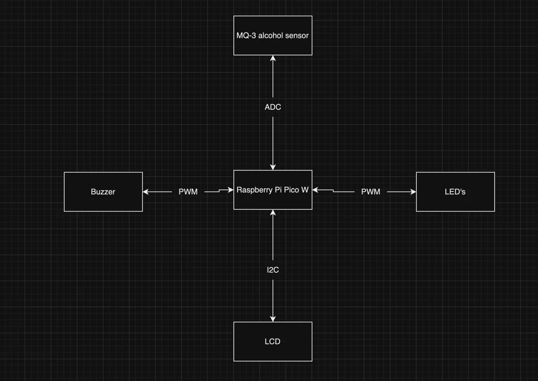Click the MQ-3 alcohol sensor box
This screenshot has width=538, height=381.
click(273, 35)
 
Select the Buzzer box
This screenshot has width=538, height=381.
click(103, 192)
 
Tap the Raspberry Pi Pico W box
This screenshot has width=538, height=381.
click(273, 189)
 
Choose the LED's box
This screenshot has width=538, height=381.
click(455, 192)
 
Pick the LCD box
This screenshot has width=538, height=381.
click(273, 341)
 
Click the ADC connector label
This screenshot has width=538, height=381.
click(273, 107)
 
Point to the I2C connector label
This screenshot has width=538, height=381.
click(273, 270)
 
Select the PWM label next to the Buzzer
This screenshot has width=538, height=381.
click(188, 192)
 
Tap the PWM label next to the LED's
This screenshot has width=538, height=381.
click(370, 192)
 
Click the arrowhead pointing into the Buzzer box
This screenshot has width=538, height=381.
click(146, 192)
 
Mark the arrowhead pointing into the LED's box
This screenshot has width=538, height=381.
click(413, 192)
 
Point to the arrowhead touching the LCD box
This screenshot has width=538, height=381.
click(273, 319)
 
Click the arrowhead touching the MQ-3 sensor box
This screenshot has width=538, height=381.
click(273, 58)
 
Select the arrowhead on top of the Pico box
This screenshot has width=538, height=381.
click(273, 167)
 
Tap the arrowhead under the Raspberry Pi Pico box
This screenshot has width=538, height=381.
click(273, 213)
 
